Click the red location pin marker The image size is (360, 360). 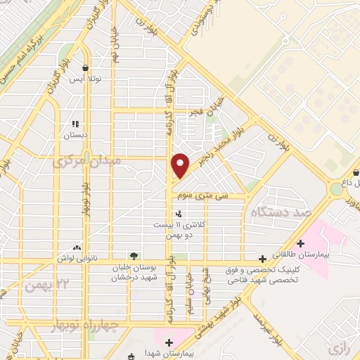pyautogui.click(x=181, y=165)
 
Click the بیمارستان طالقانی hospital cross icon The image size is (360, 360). pyautogui.click(x=301, y=244)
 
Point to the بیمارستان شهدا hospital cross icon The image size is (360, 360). pyautogui.click(x=168, y=342)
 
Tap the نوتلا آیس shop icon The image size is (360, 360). pyautogui.click(x=85, y=68)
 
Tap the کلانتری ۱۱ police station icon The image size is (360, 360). pyautogui.click(x=179, y=213)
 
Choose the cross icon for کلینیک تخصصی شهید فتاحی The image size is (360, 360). pyautogui.click(x=262, y=259)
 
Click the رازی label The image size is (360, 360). pyautogui.click(x=337, y=347)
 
